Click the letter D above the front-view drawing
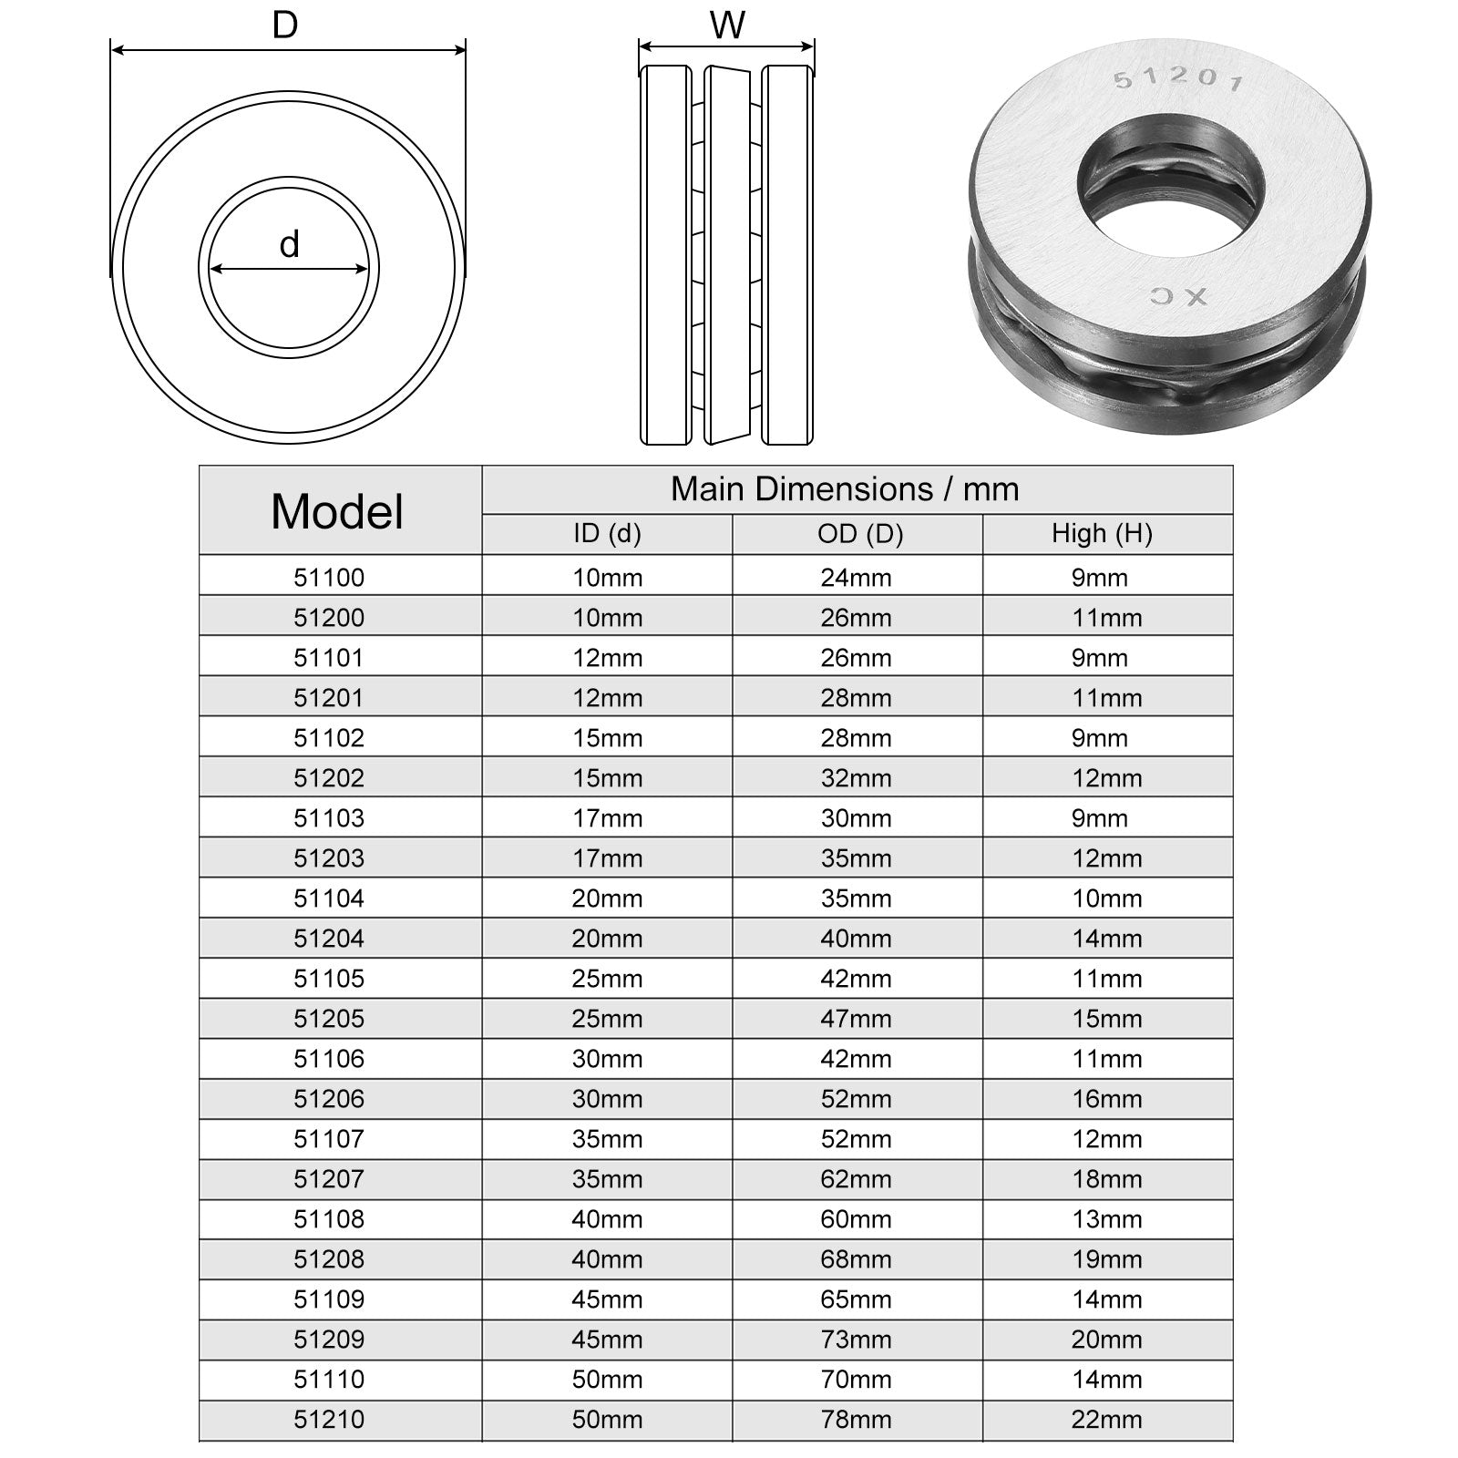pyautogui.click(x=285, y=26)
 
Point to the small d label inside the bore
pyautogui.click(x=289, y=244)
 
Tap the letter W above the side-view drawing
pyautogui.click(x=727, y=26)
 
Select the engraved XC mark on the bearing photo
pyautogui.click(x=1178, y=296)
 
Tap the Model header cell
pyautogui.click(x=337, y=510)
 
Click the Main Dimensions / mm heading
pyautogui.click(x=845, y=489)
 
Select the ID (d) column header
pyautogui.click(x=607, y=533)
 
